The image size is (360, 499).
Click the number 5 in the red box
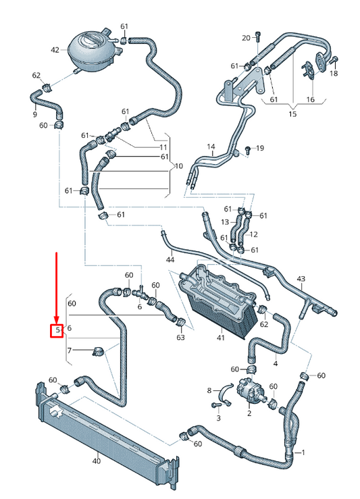point(58,330)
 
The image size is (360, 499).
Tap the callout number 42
point(55,50)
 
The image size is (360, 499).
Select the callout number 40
point(96,461)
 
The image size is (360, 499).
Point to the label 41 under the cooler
point(221,338)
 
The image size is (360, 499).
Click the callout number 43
point(301,279)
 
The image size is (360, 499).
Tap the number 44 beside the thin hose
point(170,260)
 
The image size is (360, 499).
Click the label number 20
point(246,38)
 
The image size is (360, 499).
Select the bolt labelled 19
point(247,149)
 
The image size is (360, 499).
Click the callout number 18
point(333,73)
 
